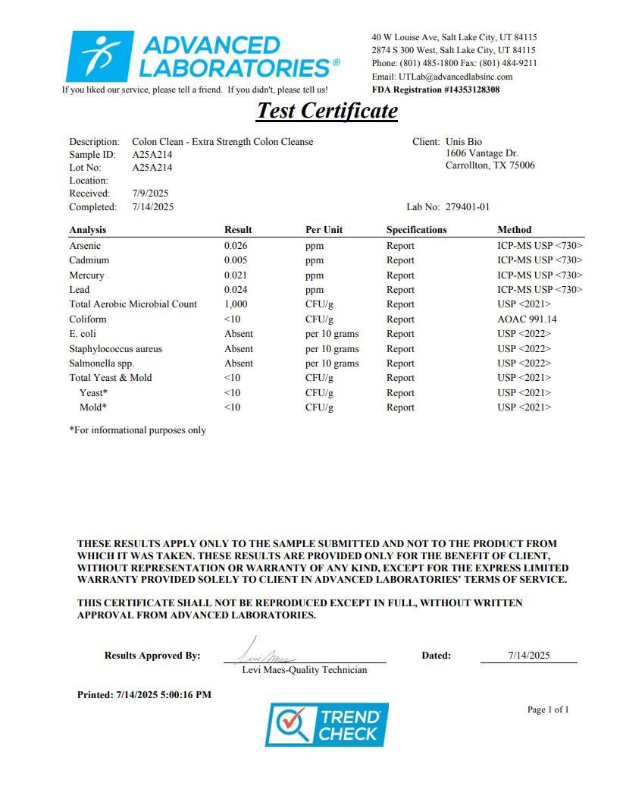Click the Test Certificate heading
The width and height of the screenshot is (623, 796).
(x=327, y=111)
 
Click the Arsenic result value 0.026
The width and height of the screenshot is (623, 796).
(x=236, y=246)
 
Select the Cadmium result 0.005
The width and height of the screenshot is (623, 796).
(x=236, y=260)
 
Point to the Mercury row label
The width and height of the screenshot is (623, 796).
(x=86, y=275)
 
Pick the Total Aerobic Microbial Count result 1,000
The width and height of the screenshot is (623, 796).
(x=236, y=304)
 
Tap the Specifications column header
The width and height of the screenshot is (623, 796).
(x=416, y=230)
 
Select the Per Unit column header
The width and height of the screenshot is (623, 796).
(x=324, y=230)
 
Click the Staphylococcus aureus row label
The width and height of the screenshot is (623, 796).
(x=115, y=349)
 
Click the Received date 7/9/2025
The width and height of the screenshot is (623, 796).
(x=150, y=193)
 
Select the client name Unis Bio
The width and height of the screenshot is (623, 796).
(x=464, y=142)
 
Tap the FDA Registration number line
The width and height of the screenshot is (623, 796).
(x=435, y=90)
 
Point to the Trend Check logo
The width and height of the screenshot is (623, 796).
(x=326, y=725)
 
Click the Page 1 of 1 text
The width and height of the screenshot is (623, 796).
(x=548, y=710)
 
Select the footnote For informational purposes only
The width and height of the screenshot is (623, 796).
(x=137, y=430)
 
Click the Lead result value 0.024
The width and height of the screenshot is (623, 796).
(x=236, y=290)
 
